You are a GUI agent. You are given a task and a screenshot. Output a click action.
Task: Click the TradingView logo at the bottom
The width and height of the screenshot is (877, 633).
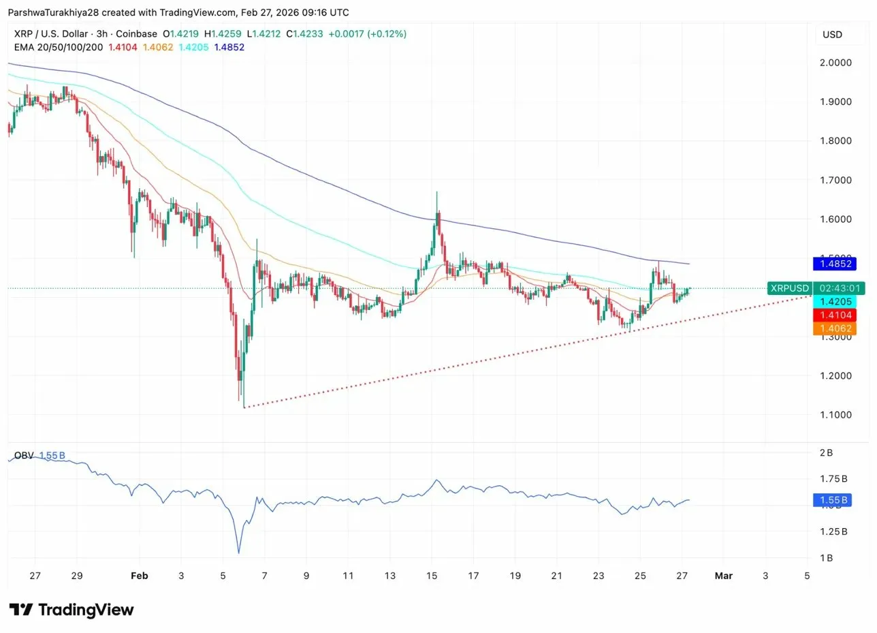[x=71, y=609]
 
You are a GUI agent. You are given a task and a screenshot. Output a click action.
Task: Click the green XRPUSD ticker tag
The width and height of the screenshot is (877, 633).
[x=790, y=288]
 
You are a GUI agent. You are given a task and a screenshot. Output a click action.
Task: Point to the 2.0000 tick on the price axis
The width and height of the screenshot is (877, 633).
[x=835, y=63]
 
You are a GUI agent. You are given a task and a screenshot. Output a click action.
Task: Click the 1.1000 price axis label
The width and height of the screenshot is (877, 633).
[x=835, y=415]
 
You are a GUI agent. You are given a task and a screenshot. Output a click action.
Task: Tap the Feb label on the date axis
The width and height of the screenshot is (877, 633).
[x=139, y=576]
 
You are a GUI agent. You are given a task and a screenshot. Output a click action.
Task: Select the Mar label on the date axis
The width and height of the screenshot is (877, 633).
[x=723, y=576]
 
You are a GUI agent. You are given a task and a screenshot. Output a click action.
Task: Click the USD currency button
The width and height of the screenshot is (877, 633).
[x=832, y=35]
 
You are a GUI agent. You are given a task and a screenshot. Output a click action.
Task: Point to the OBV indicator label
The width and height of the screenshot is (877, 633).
[x=24, y=455]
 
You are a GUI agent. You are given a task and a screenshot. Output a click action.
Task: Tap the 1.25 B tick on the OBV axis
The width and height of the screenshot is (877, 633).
[x=831, y=531]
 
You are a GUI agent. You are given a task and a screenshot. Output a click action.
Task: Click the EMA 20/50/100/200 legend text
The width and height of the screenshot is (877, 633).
[x=58, y=47]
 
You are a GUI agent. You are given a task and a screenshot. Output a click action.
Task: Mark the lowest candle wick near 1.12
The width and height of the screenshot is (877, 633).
[x=244, y=405]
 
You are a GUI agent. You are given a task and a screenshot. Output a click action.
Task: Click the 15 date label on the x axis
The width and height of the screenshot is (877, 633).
[x=432, y=576]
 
